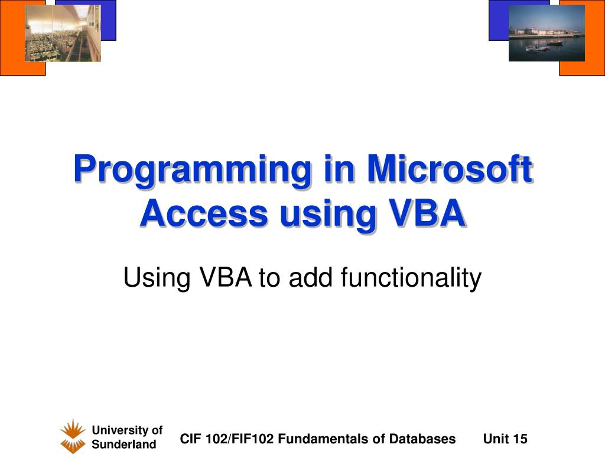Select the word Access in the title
(x=203, y=213)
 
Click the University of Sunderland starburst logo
(x=73, y=436)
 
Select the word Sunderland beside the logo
(x=123, y=445)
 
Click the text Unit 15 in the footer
(x=505, y=439)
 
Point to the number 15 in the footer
(x=520, y=439)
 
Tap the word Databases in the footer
(x=422, y=439)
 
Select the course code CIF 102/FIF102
(x=227, y=439)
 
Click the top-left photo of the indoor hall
(x=63, y=33)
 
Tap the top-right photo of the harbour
(x=547, y=33)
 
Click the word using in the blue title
(x=328, y=215)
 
